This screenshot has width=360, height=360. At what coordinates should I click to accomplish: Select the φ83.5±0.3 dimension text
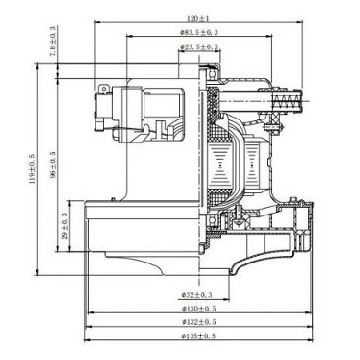(198, 32)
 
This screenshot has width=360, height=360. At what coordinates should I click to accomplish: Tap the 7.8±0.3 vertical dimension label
(53, 40)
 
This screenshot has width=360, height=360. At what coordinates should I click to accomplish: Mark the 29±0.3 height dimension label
(66, 226)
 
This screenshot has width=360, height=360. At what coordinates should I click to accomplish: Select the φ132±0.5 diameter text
(198, 323)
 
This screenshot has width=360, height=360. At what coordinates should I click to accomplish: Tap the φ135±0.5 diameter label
(198, 337)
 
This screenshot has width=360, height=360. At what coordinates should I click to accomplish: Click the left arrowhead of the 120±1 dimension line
(97, 21)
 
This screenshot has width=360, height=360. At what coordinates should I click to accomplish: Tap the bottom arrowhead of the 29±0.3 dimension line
(70, 250)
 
